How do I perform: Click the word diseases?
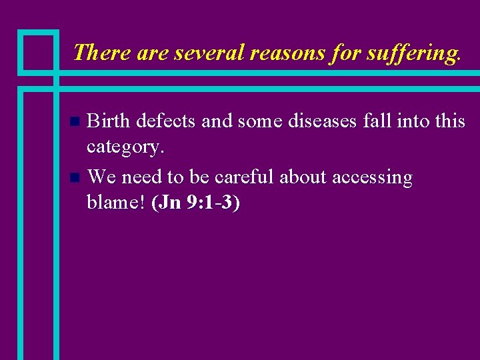tap(303, 121)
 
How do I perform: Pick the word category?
tap(125, 147)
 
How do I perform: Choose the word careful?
tap(243, 177)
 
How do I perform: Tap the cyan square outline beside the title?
tap(37, 51)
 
